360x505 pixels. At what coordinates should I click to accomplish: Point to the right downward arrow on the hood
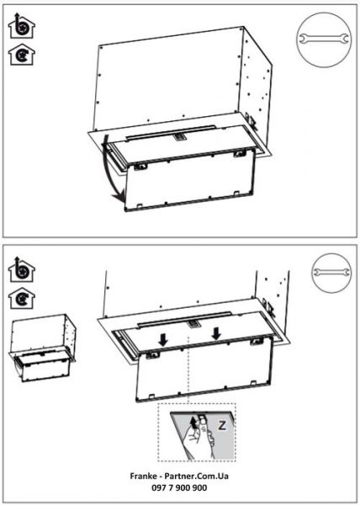[216, 332]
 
